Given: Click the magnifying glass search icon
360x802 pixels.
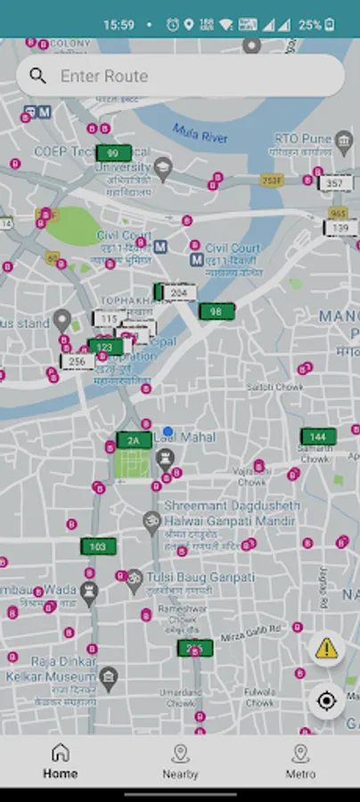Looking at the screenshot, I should coord(37,77).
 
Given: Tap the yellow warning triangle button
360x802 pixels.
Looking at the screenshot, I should coord(326,648).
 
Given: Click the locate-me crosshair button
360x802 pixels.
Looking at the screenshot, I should coord(326,701).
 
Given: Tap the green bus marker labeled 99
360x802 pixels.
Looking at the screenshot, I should coord(113,153).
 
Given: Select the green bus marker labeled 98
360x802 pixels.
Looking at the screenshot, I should coord(216,311).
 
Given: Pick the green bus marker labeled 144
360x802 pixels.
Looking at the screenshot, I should coord(318,437).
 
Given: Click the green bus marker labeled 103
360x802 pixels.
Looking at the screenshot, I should coord(98,546).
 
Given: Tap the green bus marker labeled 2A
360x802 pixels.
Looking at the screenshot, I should coord(134,440).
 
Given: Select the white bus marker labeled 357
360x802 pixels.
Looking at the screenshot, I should coord(334,184).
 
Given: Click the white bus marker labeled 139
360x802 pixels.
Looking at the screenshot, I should coord(340,228).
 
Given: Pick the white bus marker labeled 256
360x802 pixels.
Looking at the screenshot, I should coord(78,362).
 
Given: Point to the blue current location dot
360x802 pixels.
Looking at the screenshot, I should coord(168,431).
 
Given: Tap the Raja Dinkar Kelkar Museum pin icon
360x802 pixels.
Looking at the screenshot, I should coord(109,678).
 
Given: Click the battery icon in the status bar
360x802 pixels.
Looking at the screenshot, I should coord(330,25).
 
